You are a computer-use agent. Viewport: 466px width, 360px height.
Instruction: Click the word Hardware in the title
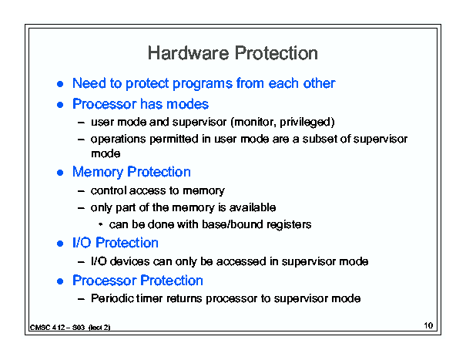tap(189, 53)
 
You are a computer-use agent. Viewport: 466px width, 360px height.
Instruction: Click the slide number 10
tap(428, 325)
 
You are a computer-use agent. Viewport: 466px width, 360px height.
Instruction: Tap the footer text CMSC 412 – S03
tap(57, 328)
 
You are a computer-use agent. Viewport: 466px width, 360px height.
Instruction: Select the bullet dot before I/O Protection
tap(60, 244)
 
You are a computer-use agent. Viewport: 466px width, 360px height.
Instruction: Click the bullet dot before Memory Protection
tap(60, 173)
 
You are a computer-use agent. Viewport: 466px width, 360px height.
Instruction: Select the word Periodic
tap(112, 298)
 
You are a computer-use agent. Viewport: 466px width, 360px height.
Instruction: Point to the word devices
tap(130, 261)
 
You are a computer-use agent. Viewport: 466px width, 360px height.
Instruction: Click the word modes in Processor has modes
tap(187, 104)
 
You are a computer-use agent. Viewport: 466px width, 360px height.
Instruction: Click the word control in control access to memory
tap(109, 190)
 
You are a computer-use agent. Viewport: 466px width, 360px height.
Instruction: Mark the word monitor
tap(255, 123)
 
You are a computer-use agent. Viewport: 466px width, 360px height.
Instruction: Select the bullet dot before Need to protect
tap(60, 84)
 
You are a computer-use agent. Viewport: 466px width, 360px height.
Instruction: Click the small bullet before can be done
tap(100, 224)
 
